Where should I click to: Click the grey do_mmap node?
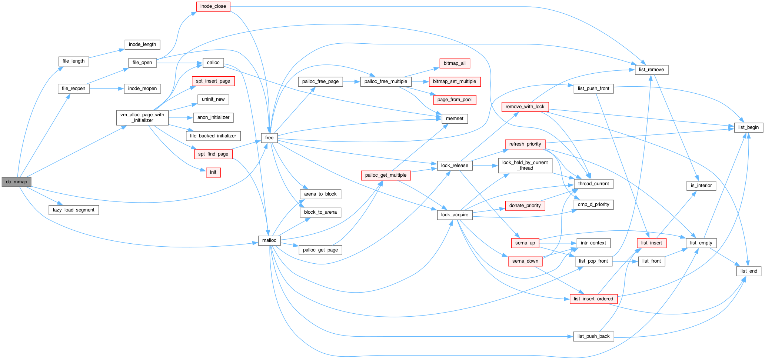pyautogui.click(x=16, y=182)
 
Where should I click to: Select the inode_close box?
pyautogui.click(x=213, y=6)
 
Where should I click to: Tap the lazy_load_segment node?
pyautogui.click(x=74, y=210)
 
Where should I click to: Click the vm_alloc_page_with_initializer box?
pyautogui.click(x=142, y=117)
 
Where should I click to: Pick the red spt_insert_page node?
pyautogui.click(x=213, y=81)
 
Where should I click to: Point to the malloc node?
pyautogui.click(x=269, y=240)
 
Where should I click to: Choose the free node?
pyautogui.click(x=269, y=138)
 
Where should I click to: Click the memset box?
pyautogui.click(x=455, y=119)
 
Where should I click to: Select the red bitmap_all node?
pyautogui.click(x=455, y=63)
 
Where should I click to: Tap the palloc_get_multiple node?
pyautogui.click(x=386, y=175)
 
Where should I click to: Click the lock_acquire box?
pyautogui.click(x=455, y=215)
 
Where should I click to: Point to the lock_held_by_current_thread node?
pyautogui.click(x=525, y=165)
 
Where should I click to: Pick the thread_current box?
pyautogui.click(x=593, y=184)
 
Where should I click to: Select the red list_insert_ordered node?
pyautogui.click(x=593, y=299)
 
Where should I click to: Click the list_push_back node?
pyautogui.click(x=593, y=336)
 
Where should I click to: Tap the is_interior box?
pyautogui.click(x=701, y=186)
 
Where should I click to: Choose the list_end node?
pyautogui.click(x=749, y=271)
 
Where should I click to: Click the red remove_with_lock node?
pyautogui.click(x=525, y=107)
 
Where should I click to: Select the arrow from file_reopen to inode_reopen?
pyautogui.click(x=107, y=89)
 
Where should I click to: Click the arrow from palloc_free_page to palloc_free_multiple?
pyautogui.click(x=352, y=81)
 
